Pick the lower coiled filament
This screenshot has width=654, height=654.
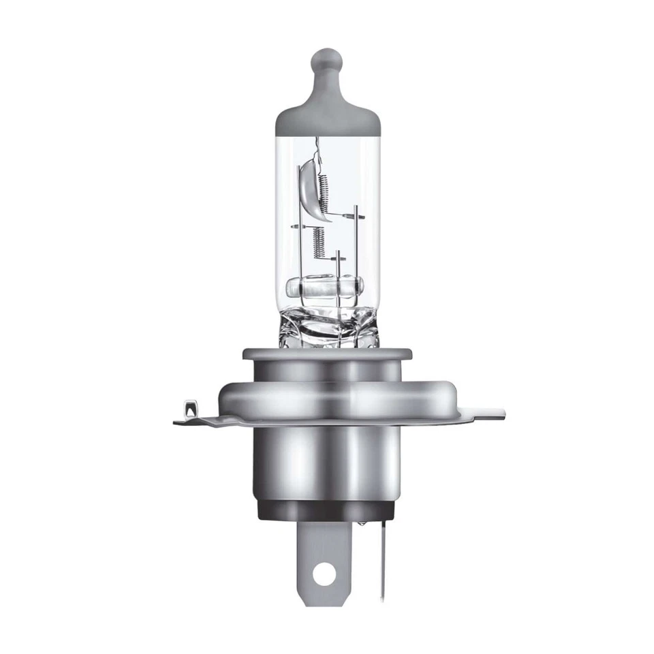click(317, 240)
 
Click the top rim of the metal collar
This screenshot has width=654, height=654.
click(327, 354)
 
